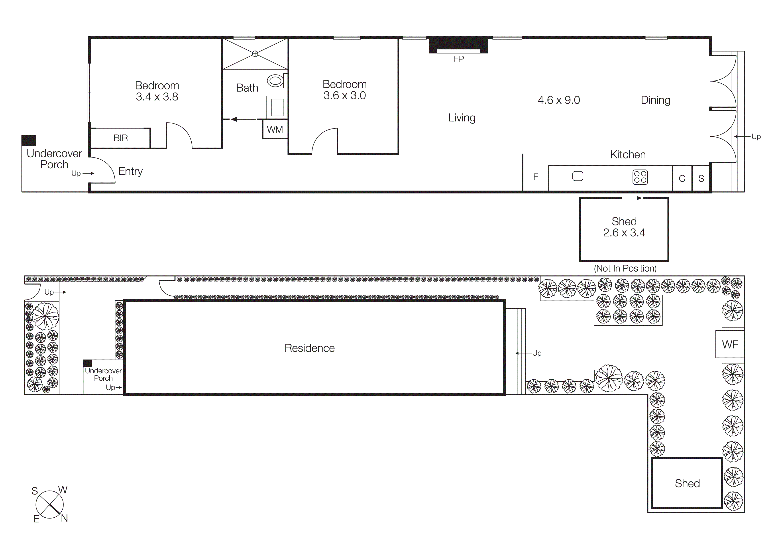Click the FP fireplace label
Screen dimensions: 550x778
tap(458, 59)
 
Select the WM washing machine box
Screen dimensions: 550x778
tap(275, 129)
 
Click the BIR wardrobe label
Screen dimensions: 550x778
tap(121, 138)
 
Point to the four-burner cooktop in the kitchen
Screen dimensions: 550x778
tap(640, 177)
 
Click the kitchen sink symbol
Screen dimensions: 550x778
tap(577, 176)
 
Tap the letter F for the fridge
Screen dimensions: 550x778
tap(535, 177)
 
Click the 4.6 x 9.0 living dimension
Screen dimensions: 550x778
tap(558, 100)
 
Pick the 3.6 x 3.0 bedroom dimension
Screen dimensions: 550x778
tap(344, 96)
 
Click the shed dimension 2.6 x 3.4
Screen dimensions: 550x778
tap(624, 233)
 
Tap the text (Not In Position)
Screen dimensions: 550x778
tap(625, 268)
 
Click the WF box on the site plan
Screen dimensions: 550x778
tap(730, 344)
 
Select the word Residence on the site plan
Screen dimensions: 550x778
tap(309, 348)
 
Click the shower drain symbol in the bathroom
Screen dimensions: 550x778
tap(255, 53)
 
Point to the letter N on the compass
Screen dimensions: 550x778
tap(64, 518)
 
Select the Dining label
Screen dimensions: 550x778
tap(655, 100)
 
